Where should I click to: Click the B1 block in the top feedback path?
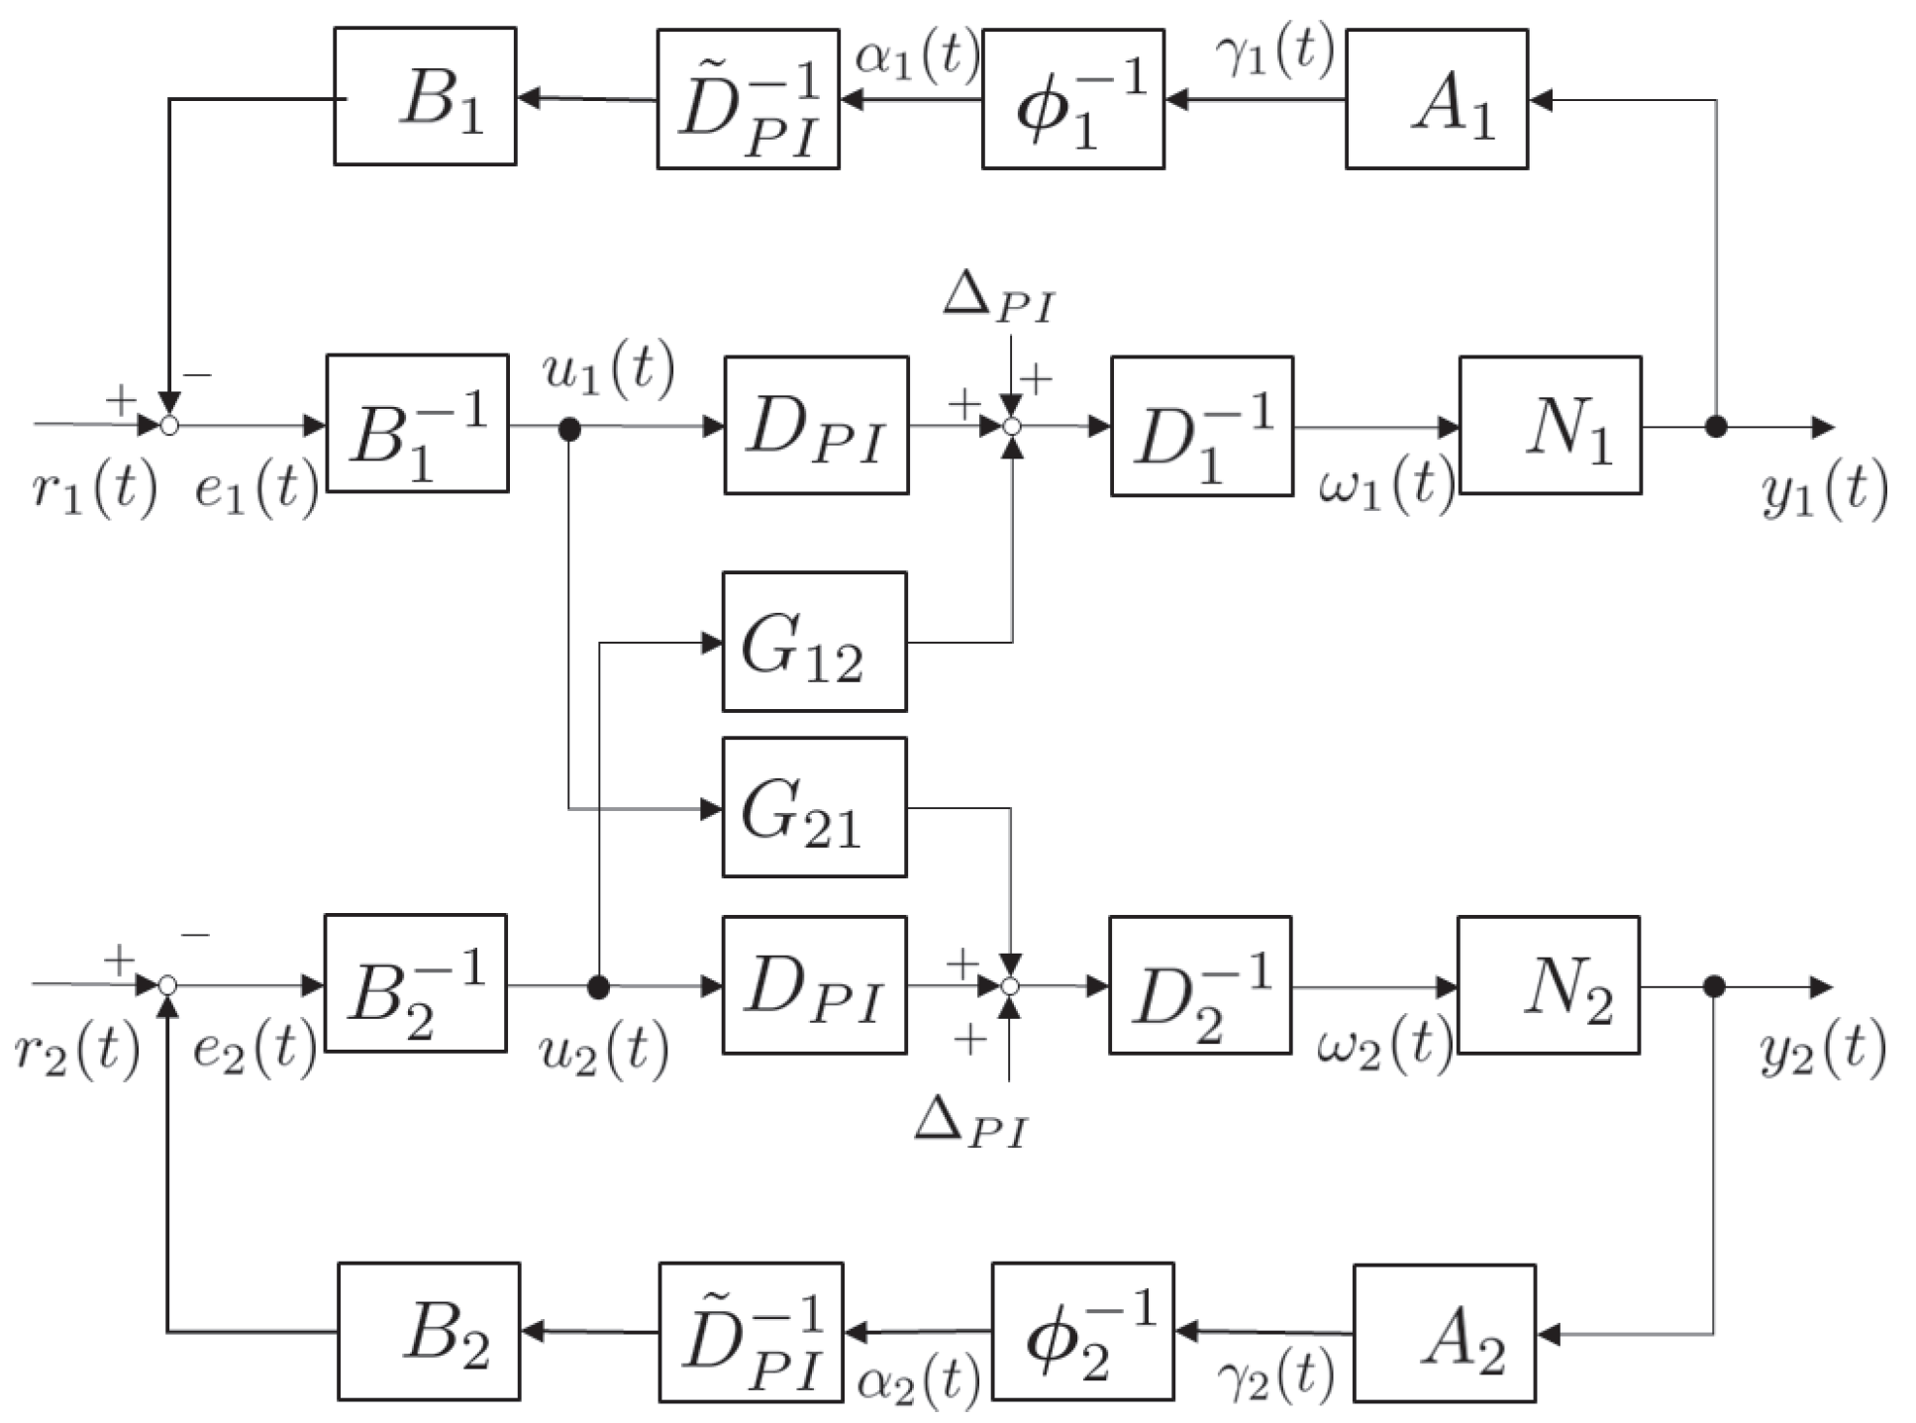click(x=425, y=97)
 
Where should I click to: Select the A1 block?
click(x=1436, y=99)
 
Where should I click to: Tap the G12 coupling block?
click(x=814, y=642)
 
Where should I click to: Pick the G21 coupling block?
click(x=814, y=807)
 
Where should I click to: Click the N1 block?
click(x=1550, y=426)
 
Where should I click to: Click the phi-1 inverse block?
click(x=1072, y=99)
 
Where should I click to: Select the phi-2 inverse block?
click(x=1082, y=1332)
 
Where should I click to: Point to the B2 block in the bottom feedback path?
click(x=429, y=1331)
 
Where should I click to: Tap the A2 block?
click(x=1444, y=1333)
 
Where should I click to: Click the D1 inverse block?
click(x=1201, y=426)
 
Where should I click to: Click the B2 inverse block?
click(x=415, y=983)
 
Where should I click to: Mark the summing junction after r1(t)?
click(x=169, y=426)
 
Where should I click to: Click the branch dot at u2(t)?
click(x=598, y=986)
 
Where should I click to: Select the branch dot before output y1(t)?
click(x=1716, y=427)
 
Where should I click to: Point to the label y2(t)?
click(x=1823, y=1053)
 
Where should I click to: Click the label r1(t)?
click(x=94, y=488)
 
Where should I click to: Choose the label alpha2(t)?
click(x=919, y=1380)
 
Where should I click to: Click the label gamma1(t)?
click(x=1273, y=51)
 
